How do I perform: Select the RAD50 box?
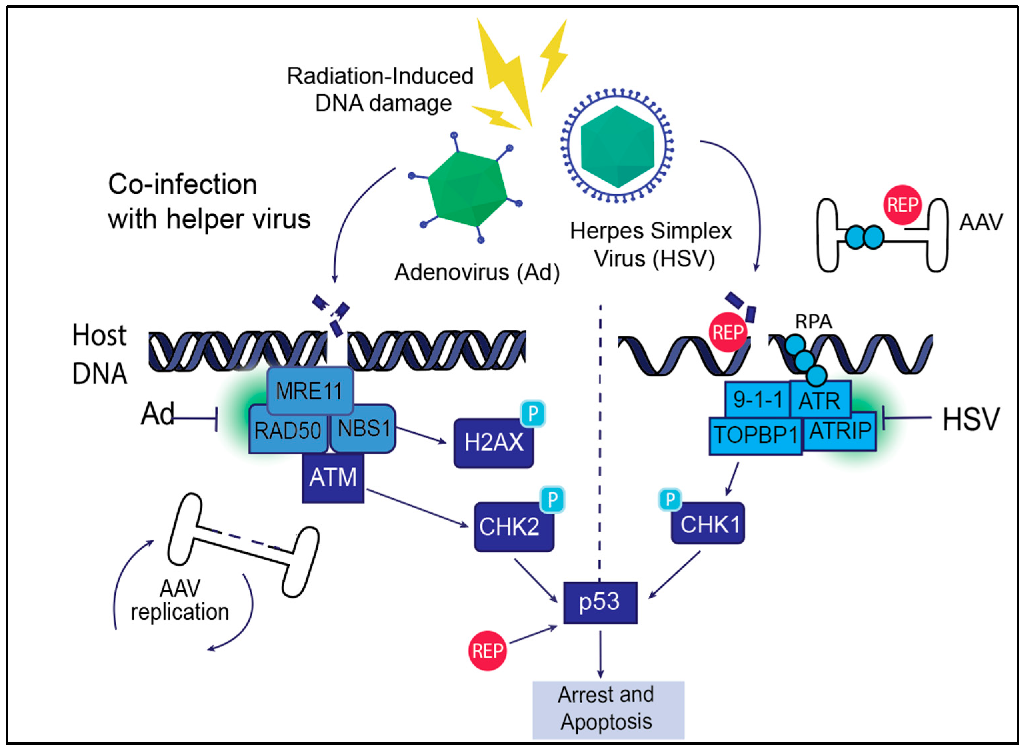(288, 430)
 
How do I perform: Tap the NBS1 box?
(363, 429)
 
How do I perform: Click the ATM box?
(333, 478)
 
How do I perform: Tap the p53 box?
(600, 603)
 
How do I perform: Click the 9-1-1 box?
(757, 400)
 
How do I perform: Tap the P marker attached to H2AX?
(533, 414)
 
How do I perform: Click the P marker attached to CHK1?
(670, 499)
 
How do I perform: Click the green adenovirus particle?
(467, 189)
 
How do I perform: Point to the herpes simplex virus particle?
(617, 146)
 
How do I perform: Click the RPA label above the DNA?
(813, 322)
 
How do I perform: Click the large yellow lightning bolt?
(505, 73)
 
